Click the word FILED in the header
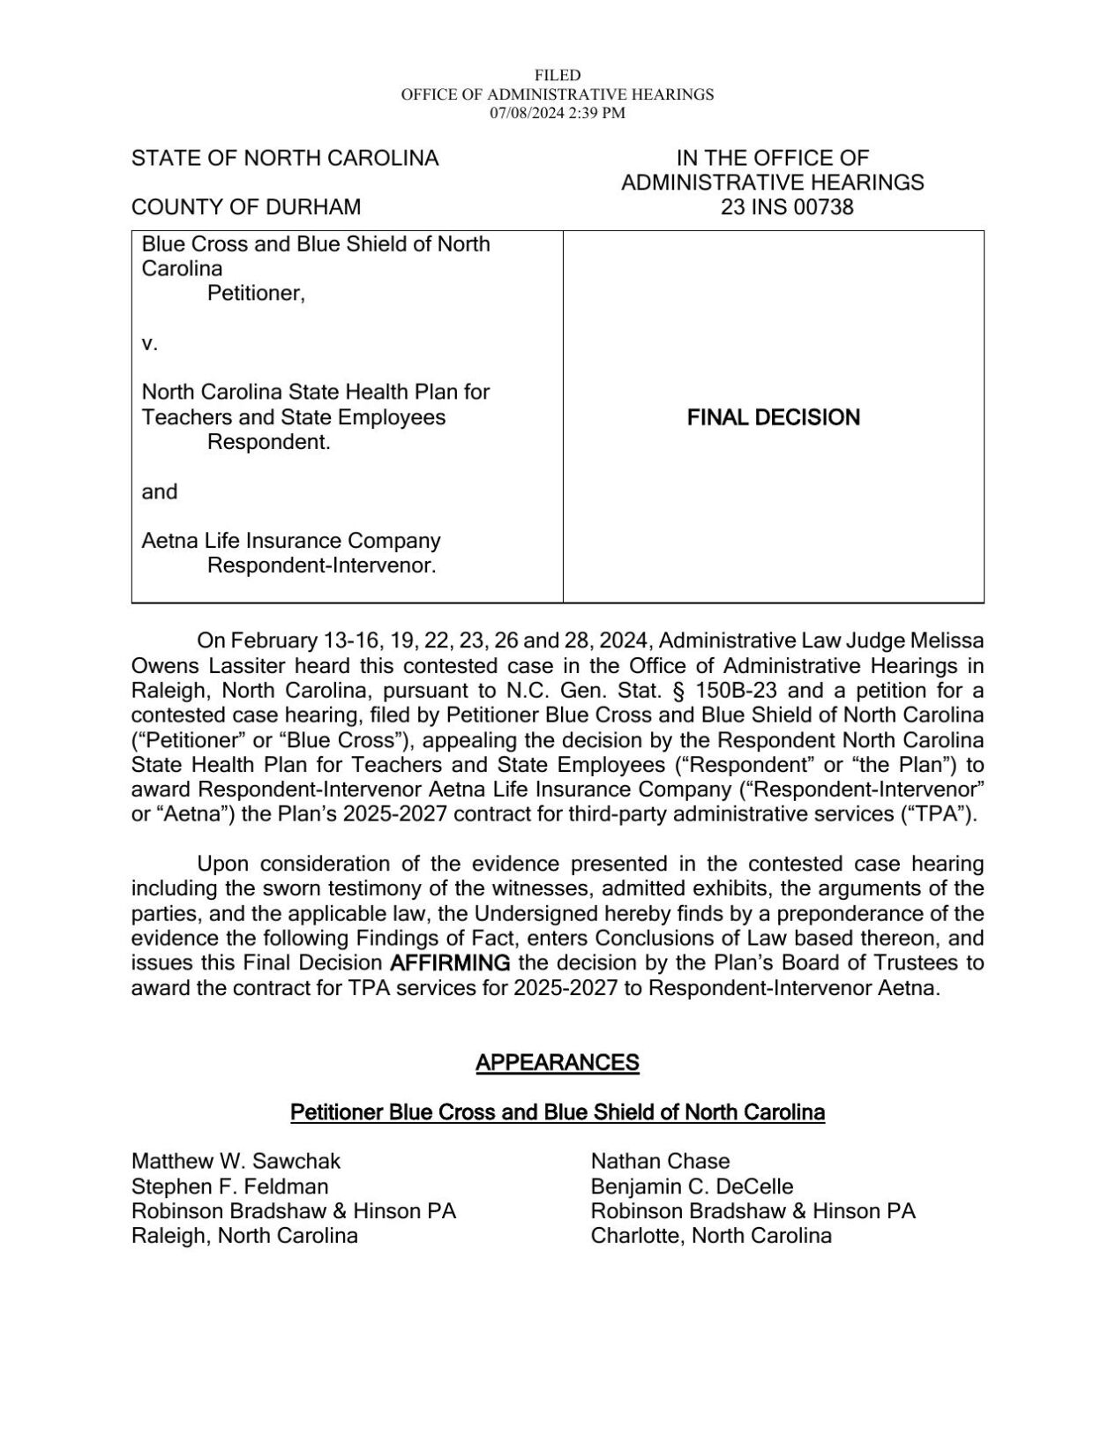click(x=558, y=76)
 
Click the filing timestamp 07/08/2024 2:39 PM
click(x=558, y=113)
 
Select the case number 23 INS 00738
click(x=773, y=207)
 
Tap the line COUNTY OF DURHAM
click(x=246, y=207)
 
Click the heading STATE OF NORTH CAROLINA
click(x=285, y=159)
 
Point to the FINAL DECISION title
click(x=773, y=417)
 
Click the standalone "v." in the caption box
click(x=150, y=343)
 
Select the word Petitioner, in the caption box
click(x=256, y=293)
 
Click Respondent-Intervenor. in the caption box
click(x=321, y=565)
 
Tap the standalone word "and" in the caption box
click(x=160, y=491)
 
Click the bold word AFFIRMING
click(x=450, y=962)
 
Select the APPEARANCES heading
click(x=558, y=1062)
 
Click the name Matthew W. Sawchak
click(x=236, y=1161)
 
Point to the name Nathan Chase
click(x=660, y=1161)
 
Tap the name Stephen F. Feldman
click(x=229, y=1186)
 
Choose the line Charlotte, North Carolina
click(x=711, y=1235)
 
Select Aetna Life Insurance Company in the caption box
click(x=291, y=541)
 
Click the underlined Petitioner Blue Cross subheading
click(x=558, y=1112)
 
